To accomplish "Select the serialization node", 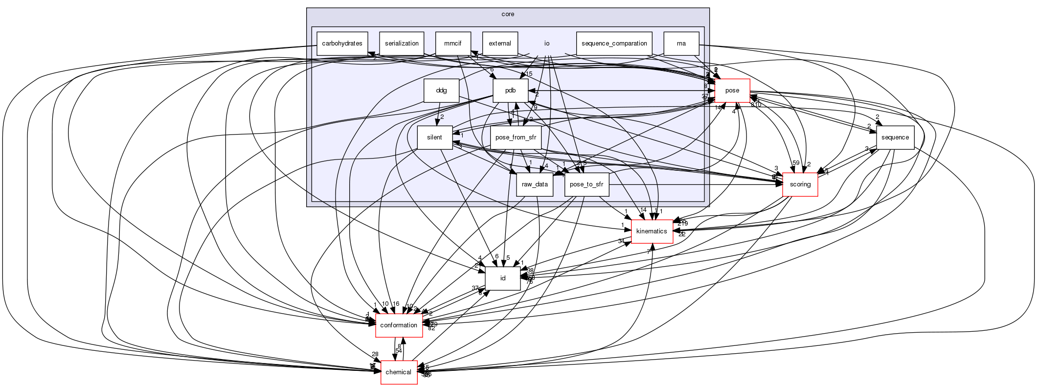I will (402, 44).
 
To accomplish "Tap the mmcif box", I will (453, 44).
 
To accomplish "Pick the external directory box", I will (500, 44).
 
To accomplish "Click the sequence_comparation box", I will (614, 44).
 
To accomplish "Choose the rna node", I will (681, 44).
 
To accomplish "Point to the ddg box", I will (441, 91).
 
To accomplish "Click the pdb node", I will (511, 91).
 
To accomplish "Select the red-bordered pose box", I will (732, 91).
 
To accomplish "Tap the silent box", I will (434, 137).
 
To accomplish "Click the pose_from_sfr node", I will (516, 137).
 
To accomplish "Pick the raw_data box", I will (535, 184).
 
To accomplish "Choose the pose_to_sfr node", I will (586, 184).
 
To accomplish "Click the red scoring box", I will (800, 184).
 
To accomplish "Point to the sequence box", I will (895, 137).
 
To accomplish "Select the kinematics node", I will (652, 231).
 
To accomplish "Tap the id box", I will (502, 278).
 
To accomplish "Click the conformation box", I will (399, 325).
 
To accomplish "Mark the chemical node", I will (399, 372).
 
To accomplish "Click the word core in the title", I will (508, 14).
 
